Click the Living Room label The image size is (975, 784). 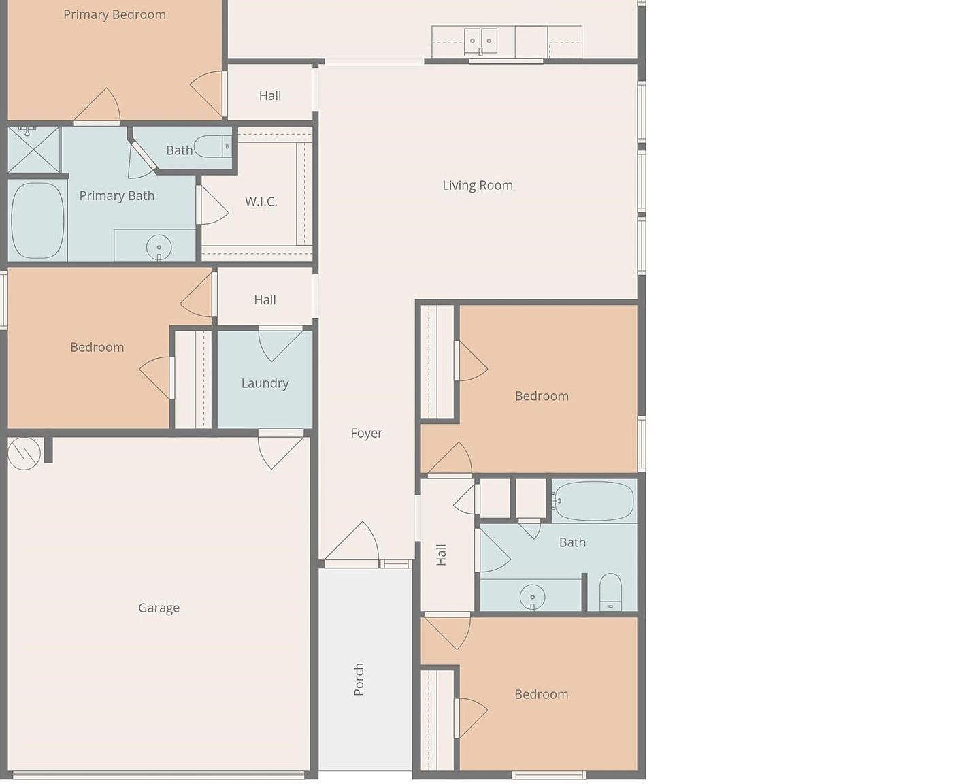point(477,185)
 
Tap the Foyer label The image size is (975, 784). point(366,433)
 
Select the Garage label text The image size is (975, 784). point(159,608)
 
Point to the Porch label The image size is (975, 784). point(359,679)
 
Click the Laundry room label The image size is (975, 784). point(265,383)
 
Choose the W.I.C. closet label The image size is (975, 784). point(261,201)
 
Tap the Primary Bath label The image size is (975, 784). point(116,196)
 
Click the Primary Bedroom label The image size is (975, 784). point(114,14)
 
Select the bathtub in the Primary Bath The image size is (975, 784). point(37,220)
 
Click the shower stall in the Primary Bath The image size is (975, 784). point(33,149)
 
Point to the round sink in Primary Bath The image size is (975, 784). point(159,247)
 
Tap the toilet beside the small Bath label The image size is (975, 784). point(213,146)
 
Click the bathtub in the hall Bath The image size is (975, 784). point(593,501)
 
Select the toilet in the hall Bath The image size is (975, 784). point(610,592)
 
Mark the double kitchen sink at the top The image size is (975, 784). point(480,41)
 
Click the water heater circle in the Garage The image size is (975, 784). point(24,453)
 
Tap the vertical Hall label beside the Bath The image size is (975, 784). point(441,555)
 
